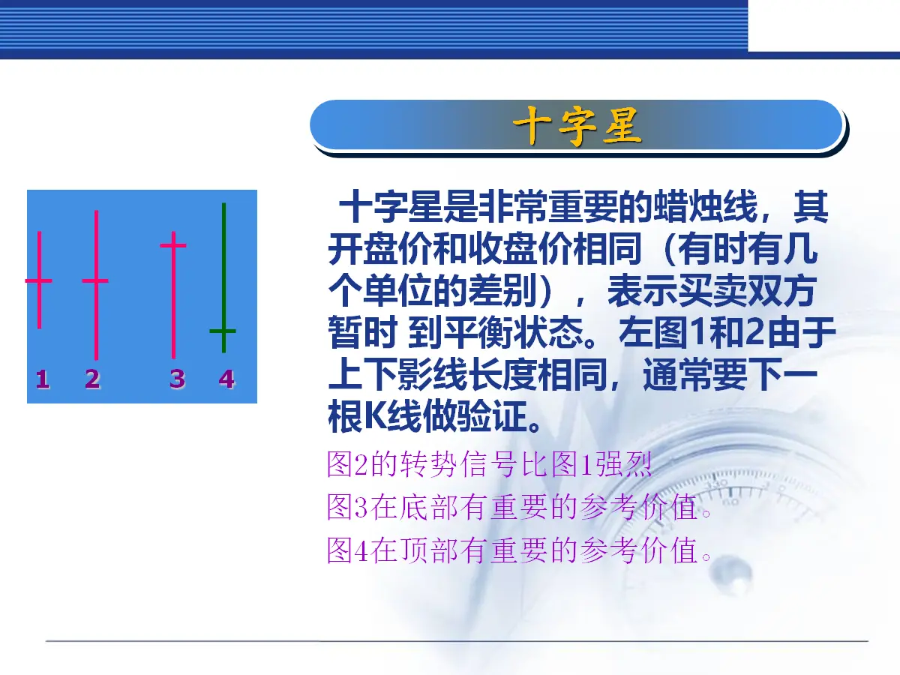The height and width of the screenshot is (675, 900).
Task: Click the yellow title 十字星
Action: click(x=577, y=126)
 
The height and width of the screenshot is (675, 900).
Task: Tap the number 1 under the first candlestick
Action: click(x=43, y=379)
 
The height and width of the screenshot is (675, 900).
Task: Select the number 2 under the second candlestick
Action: click(x=93, y=379)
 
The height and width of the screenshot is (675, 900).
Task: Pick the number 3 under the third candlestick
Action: click(x=178, y=379)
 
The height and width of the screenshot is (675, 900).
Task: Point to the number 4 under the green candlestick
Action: click(x=226, y=379)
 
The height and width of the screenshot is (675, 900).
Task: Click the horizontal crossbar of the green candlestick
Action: click(x=223, y=331)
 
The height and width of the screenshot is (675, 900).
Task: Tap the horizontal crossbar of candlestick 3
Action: click(x=173, y=245)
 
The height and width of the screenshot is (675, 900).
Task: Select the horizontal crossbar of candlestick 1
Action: click(x=38, y=280)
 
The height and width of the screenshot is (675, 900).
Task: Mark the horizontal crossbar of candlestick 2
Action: click(x=95, y=280)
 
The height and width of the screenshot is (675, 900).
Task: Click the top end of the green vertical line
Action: click(x=223, y=204)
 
